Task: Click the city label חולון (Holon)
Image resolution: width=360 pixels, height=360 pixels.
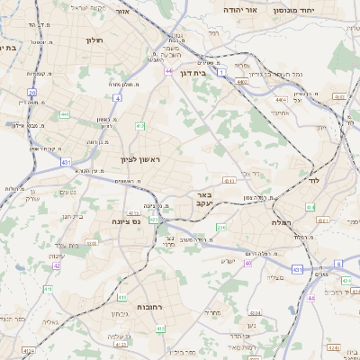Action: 94,40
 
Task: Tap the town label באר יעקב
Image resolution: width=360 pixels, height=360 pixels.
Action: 204,199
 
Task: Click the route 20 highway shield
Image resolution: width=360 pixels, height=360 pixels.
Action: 32,92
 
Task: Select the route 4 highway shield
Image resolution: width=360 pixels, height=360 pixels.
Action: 117,97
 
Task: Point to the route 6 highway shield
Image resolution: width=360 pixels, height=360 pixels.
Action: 338,264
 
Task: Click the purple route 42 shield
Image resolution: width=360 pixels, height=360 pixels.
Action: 57,265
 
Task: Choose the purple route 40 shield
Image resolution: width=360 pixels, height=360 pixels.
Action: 247,263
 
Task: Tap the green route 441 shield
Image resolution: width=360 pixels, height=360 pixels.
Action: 64,114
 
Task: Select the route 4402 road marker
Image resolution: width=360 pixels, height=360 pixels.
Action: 242,81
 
